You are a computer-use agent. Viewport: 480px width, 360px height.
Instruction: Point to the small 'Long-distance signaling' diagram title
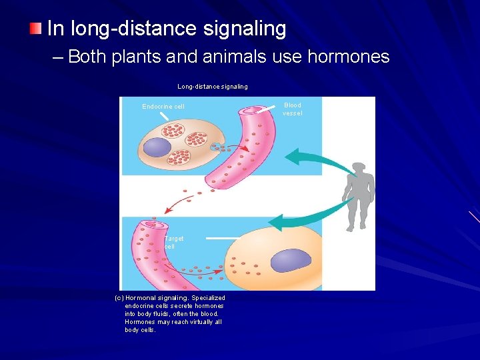point(212,87)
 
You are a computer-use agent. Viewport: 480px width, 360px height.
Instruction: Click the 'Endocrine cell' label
point(163,107)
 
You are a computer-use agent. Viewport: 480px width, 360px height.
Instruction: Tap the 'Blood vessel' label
point(292,109)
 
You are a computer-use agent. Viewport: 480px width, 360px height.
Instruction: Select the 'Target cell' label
point(173,242)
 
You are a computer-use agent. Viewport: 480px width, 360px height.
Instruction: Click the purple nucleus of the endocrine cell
point(157,147)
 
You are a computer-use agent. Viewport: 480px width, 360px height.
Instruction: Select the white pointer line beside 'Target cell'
point(223,237)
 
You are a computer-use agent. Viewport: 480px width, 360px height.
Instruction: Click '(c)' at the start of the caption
point(119,298)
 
